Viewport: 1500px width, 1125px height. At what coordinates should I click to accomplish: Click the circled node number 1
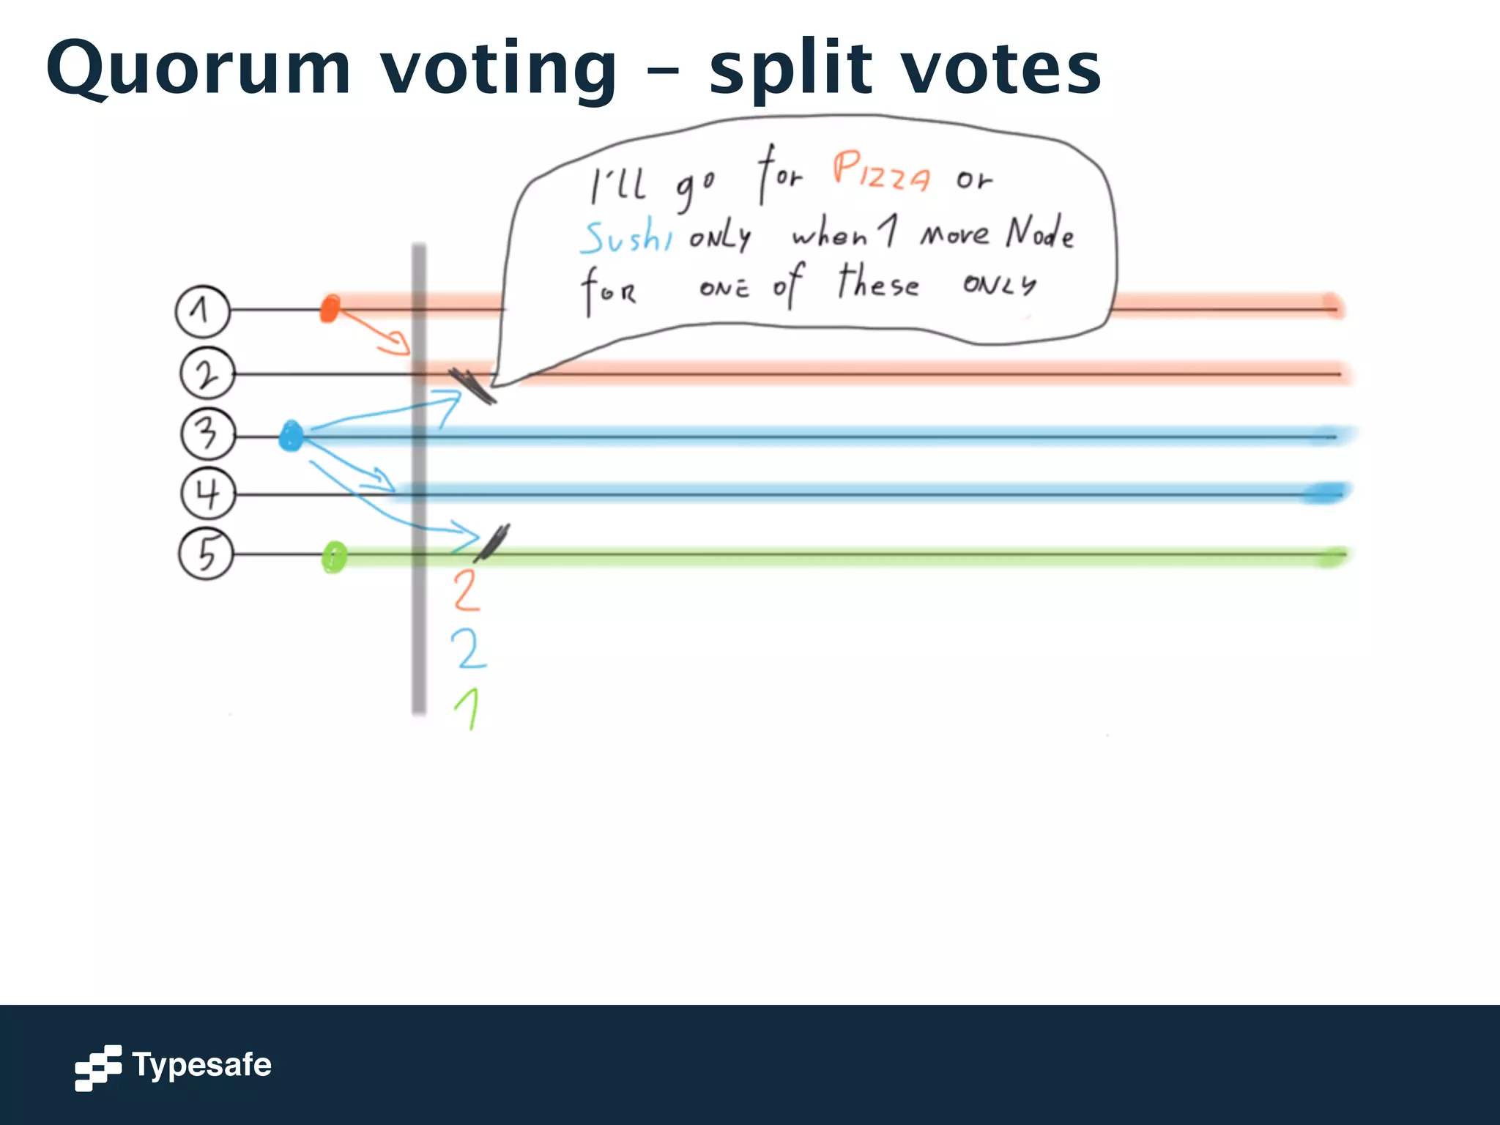(x=202, y=311)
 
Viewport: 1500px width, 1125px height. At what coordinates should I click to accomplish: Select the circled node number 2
(x=207, y=374)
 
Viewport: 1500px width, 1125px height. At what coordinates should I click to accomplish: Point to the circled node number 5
(x=206, y=554)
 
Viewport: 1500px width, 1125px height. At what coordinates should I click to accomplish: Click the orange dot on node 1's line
(x=330, y=308)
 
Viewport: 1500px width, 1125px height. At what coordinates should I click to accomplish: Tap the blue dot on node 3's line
(x=291, y=437)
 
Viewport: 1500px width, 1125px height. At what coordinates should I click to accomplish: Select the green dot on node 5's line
(x=334, y=558)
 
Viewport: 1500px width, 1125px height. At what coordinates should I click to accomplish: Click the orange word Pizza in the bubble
(x=881, y=171)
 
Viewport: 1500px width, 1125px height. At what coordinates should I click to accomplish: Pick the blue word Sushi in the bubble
(x=627, y=237)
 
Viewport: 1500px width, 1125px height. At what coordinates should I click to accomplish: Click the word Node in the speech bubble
(x=1039, y=233)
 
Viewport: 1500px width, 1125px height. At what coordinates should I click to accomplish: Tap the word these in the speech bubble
(x=877, y=283)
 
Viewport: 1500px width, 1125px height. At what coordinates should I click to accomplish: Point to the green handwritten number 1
(x=468, y=708)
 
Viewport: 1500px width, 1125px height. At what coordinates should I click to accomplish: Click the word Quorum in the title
(x=198, y=69)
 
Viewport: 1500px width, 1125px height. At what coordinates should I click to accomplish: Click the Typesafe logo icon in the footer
(x=97, y=1067)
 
